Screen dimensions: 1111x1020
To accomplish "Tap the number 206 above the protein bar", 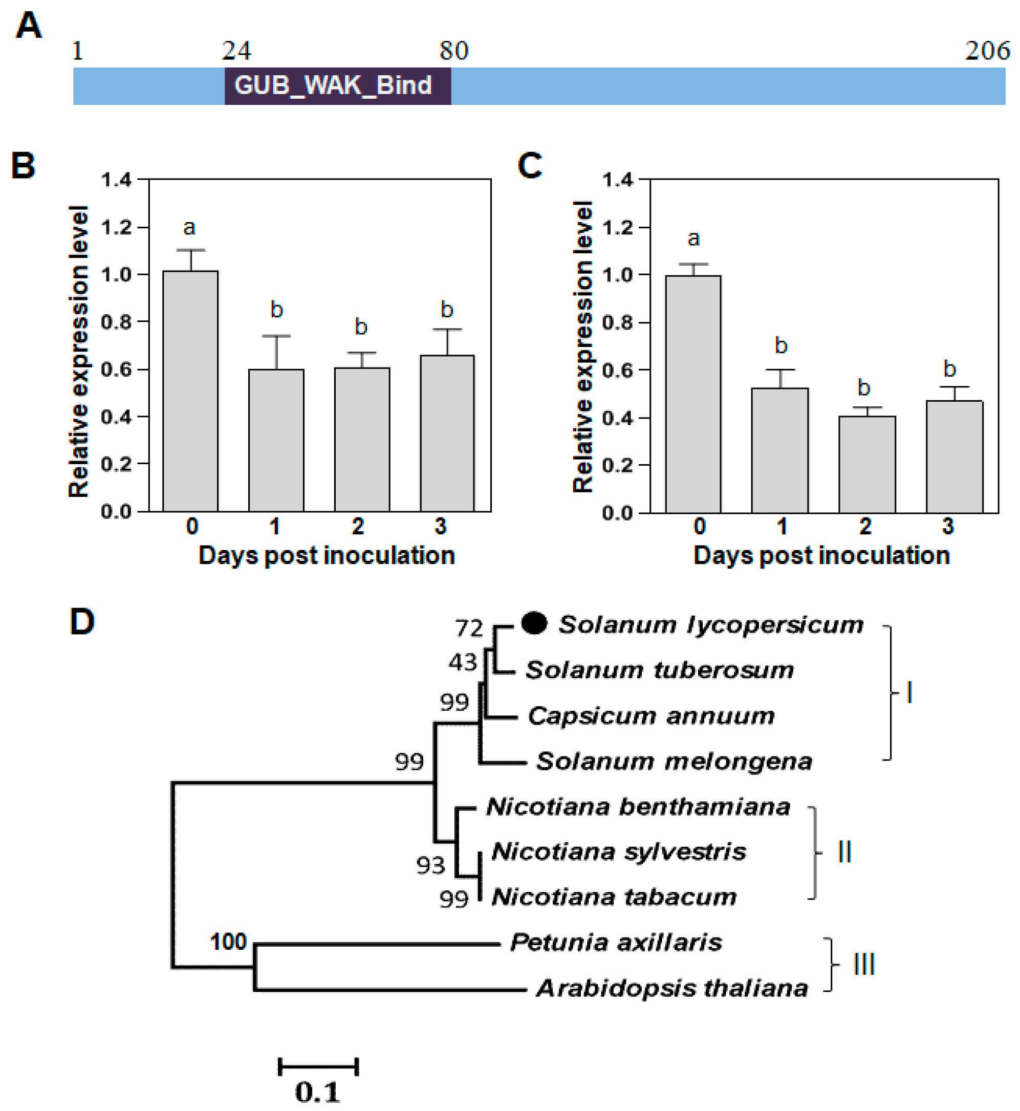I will click(x=987, y=51).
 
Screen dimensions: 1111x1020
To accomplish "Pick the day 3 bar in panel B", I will click(x=447, y=433).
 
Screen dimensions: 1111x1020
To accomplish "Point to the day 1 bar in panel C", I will click(x=779, y=450).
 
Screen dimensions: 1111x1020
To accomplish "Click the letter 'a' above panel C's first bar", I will click(x=693, y=238).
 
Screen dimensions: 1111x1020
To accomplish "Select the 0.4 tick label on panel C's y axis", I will click(x=617, y=418).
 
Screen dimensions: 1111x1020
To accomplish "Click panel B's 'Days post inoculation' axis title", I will click(x=326, y=555).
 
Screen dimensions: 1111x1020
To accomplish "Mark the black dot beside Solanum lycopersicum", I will click(x=534, y=623).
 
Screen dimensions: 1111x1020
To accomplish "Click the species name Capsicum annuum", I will click(x=651, y=716).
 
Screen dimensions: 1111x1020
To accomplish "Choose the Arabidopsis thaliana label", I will click(x=671, y=988).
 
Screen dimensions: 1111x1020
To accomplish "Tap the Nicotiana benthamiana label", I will click(x=638, y=807).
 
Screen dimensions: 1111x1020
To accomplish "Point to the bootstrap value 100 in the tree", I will click(x=228, y=942).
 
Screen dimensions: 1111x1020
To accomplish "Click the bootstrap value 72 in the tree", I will click(x=469, y=628).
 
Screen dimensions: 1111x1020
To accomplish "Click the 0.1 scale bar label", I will click(x=317, y=1091).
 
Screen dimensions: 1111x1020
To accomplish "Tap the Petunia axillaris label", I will click(x=616, y=942).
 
